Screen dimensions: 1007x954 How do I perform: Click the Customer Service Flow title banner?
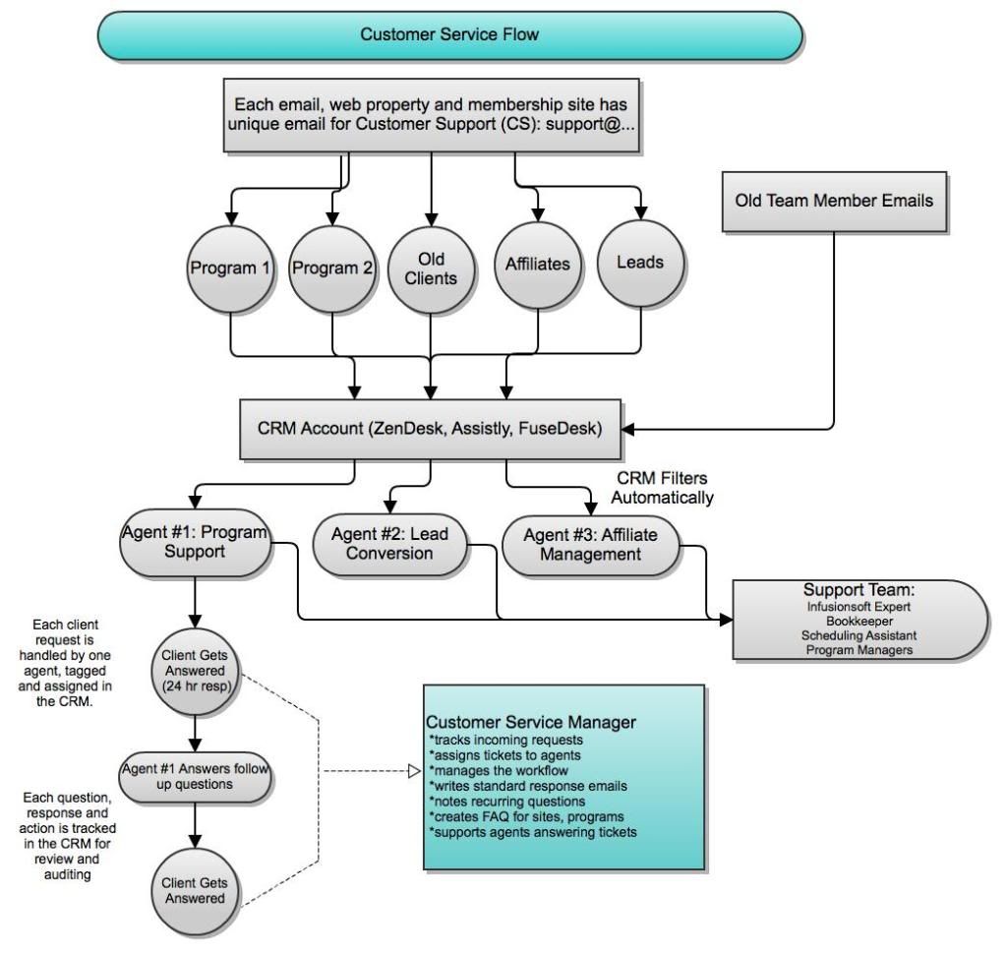pyautogui.click(x=449, y=35)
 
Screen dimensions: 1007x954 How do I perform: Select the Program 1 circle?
pyautogui.click(x=230, y=268)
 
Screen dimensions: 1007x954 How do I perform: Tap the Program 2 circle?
pyautogui.click(x=332, y=268)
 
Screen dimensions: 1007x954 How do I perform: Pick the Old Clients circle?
pyautogui.click(x=431, y=269)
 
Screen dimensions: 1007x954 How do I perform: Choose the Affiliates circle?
pyautogui.click(x=538, y=265)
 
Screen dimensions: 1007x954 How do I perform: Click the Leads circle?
pyautogui.click(x=640, y=263)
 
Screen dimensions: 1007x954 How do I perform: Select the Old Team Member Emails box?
pyautogui.click(x=834, y=201)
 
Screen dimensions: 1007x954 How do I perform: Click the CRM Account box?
pyautogui.click(x=431, y=429)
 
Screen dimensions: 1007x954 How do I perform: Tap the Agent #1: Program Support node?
pyautogui.click(x=196, y=543)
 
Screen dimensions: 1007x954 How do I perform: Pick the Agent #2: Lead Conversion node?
pyautogui.click(x=389, y=544)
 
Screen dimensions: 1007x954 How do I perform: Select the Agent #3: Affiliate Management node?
pyautogui.click(x=590, y=546)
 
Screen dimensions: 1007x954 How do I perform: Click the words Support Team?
pyautogui.click(x=859, y=590)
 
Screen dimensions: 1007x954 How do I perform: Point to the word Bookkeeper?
pyautogui.click(x=859, y=622)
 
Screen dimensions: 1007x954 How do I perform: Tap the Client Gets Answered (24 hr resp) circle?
pyautogui.click(x=196, y=672)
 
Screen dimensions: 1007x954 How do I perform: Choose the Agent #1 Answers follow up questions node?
pyautogui.click(x=196, y=777)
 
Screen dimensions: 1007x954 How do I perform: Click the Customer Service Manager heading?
pyautogui.click(x=531, y=722)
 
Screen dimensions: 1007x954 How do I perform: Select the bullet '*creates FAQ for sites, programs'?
pyautogui.click(x=527, y=816)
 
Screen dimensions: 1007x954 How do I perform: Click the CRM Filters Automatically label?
pyautogui.click(x=662, y=488)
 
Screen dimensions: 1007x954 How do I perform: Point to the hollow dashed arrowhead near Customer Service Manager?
pyautogui.click(x=414, y=770)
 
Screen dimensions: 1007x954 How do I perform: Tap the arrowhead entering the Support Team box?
pyautogui.click(x=726, y=620)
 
